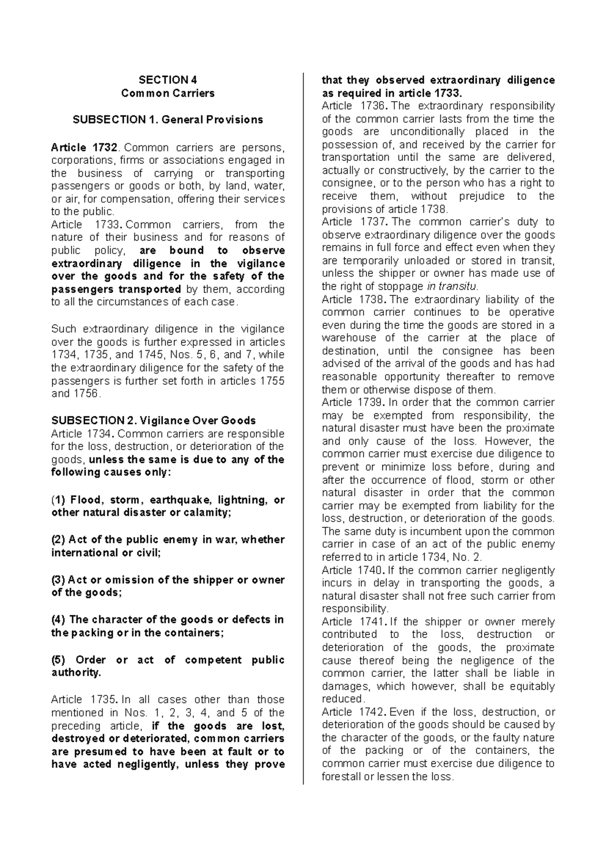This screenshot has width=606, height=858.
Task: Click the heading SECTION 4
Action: coord(168,80)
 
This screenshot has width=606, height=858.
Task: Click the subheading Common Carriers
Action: coord(168,93)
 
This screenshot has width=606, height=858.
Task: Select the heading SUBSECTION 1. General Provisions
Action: coord(168,120)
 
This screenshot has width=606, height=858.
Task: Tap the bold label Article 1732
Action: coord(85,148)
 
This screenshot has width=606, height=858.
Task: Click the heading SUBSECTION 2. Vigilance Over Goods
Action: coord(154,420)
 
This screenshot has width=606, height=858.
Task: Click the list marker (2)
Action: coord(58,540)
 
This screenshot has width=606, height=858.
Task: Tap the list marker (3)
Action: coord(58,580)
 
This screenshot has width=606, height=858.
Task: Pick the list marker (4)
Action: coord(58,619)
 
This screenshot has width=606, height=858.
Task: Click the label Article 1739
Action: coord(353,402)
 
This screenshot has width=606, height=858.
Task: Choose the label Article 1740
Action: coord(353,570)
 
